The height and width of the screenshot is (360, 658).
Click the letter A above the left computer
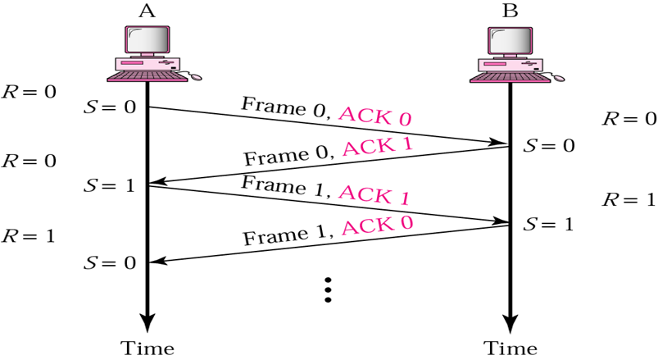[147, 11]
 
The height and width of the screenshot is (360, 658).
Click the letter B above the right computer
[510, 11]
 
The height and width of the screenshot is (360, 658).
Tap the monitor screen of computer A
[147, 39]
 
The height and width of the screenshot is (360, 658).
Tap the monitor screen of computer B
[510, 39]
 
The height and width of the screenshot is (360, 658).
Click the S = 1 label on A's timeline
[108, 185]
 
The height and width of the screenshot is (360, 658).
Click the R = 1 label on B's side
[629, 199]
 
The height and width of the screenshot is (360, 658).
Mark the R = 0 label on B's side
[629, 118]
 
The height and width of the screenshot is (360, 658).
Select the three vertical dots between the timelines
[328, 289]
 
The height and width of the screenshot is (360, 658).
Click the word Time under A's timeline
[147, 347]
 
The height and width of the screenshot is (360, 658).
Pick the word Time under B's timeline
[510, 347]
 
